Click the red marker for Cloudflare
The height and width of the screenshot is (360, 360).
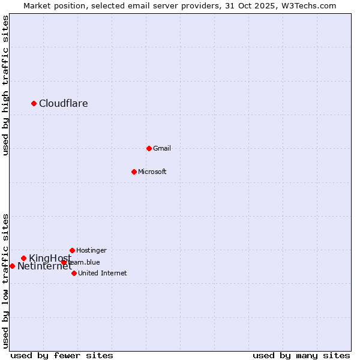[x=34, y=103]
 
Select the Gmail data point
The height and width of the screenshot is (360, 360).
[x=149, y=148]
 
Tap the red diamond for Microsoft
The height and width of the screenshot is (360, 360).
[x=134, y=172]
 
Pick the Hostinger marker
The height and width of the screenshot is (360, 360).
[x=72, y=250]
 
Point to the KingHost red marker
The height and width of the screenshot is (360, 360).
[x=23, y=259]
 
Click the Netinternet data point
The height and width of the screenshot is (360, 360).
[x=12, y=266]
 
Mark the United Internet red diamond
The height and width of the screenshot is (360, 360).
[x=74, y=273]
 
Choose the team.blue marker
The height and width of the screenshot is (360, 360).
[x=64, y=262]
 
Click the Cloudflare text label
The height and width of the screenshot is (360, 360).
[x=64, y=103]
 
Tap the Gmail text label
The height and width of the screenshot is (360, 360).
[x=162, y=148]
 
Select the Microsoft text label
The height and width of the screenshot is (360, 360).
[x=152, y=172]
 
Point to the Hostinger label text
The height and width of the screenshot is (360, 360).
[x=91, y=250]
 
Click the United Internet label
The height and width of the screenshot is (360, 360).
[x=102, y=273]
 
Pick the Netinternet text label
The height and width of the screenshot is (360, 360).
[x=44, y=266]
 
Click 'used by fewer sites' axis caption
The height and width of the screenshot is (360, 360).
[x=62, y=355]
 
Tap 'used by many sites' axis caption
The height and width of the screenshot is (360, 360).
[x=301, y=355]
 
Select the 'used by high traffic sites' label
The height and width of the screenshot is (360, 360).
[x=5, y=85]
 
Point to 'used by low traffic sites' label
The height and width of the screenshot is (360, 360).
[x=5, y=281]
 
